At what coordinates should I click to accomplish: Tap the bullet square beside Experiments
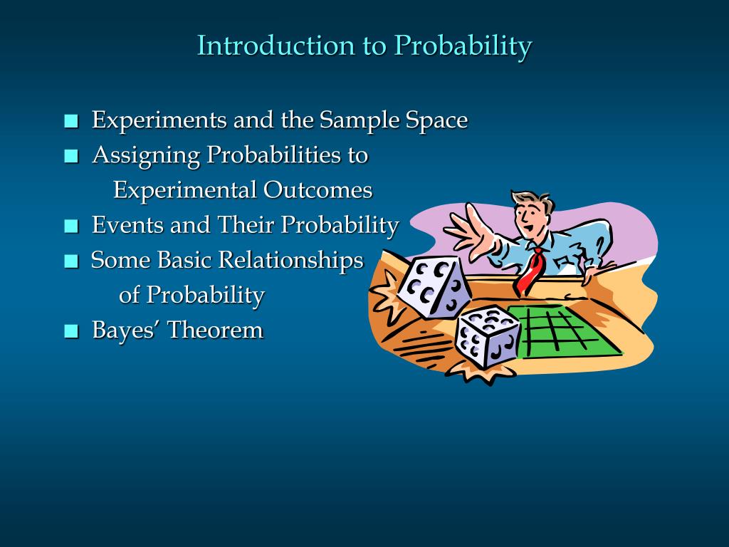click(70, 122)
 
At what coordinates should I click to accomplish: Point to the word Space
click(436, 120)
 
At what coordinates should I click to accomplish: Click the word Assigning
click(146, 155)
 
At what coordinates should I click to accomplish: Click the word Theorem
click(215, 330)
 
